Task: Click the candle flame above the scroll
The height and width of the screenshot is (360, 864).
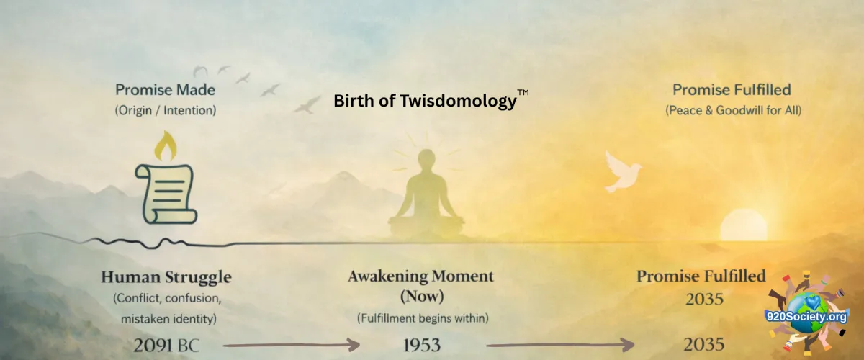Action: (x=166, y=146)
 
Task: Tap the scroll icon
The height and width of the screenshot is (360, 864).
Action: (x=166, y=194)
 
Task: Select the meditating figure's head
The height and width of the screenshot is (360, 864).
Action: (x=426, y=159)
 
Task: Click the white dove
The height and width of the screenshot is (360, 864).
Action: (x=622, y=171)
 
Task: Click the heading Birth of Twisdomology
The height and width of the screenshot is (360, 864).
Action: (x=425, y=101)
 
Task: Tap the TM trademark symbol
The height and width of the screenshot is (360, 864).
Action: (x=523, y=92)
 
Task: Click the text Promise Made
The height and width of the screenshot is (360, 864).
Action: (x=165, y=90)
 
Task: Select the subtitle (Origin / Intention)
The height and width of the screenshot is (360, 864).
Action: (x=166, y=110)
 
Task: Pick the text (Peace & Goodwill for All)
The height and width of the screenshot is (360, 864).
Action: (x=733, y=110)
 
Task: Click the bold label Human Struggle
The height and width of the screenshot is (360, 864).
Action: (x=166, y=277)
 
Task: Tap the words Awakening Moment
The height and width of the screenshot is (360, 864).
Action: (x=420, y=276)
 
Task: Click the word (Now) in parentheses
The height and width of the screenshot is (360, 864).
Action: (x=422, y=297)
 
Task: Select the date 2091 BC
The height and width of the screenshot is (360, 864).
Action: (x=166, y=346)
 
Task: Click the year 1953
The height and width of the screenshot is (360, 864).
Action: (x=422, y=346)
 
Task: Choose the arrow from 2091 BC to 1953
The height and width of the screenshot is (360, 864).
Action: (x=291, y=346)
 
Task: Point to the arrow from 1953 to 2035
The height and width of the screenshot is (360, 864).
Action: (x=560, y=346)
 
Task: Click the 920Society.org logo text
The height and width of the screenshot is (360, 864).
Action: (x=806, y=318)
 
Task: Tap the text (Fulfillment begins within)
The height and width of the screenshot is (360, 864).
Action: (x=423, y=318)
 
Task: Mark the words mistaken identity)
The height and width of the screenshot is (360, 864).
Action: (x=169, y=319)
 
